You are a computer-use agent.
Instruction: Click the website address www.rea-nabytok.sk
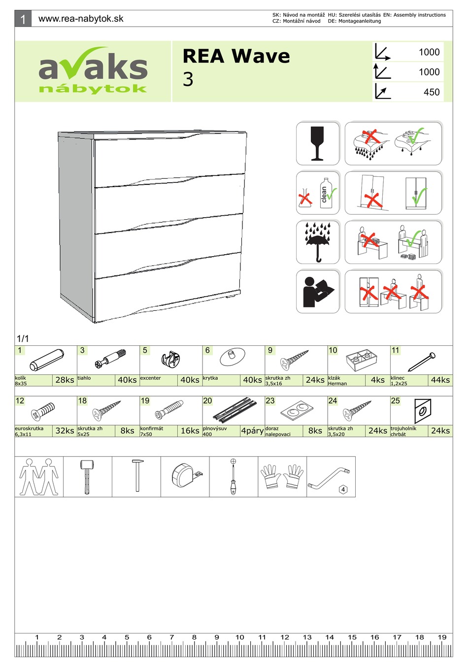pyautogui.click(x=81, y=19)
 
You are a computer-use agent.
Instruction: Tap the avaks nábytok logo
pyautogui.click(x=93, y=71)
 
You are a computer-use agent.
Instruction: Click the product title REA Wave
pyautogui.click(x=236, y=56)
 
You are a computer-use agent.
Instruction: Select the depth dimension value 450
pyautogui.click(x=431, y=92)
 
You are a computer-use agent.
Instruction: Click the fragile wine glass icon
pyautogui.click(x=318, y=143)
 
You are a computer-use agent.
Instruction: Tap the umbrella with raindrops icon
pyautogui.click(x=318, y=242)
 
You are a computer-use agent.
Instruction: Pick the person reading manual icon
pyautogui.click(x=318, y=292)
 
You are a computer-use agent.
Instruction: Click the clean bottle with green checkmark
pyautogui.click(x=327, y=193)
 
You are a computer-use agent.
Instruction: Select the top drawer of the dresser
pyautogui.click(x=169, y=157)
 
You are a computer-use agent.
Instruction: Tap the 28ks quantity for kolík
pyautogui.click(x=65, y=380)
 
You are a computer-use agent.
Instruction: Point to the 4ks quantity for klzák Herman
pyautogui.click(x=377, y=380)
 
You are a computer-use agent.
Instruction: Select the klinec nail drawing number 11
pyautogui.click(x=422, y=362)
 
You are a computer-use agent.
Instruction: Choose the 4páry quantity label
pyautogui.click(x=252, y=431)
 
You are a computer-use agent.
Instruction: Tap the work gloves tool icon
pyautogui.click(x=282, y=476)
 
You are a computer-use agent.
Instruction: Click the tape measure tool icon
pyautogui.click(x=186, y=476)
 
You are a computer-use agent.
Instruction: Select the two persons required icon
pyautogui.click(x=39, y=476)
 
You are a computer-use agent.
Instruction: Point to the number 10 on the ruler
pyautogui.click(x=239, y=637)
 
